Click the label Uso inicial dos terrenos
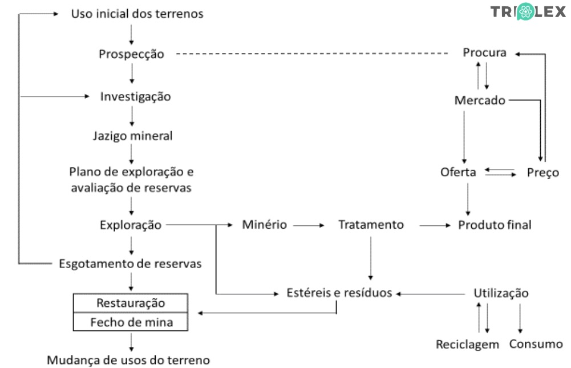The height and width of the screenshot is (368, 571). (137, 14)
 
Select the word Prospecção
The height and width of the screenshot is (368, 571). (131, 54)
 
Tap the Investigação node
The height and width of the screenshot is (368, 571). (135, 96)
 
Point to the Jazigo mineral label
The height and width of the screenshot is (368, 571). (132, 136)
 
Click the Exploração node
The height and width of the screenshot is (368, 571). (131, 225)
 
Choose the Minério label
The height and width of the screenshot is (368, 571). (264, 225)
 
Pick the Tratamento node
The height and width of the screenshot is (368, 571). (371, 225)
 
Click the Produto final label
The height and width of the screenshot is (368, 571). (495, 225)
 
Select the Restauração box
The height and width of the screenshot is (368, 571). (131, 302)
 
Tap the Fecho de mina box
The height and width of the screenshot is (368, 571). (131, 322)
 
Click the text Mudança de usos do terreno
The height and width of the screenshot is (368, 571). (128, 361)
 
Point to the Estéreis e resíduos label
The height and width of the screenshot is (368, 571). (340, 293)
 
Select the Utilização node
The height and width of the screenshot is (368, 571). (501, 293)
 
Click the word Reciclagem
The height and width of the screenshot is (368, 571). (467, 345)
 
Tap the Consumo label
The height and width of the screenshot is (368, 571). (536, 344)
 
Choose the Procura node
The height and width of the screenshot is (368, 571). (484, 53)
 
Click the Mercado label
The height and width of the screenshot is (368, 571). (480, 100)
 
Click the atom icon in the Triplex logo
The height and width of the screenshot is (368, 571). (525, 12)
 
